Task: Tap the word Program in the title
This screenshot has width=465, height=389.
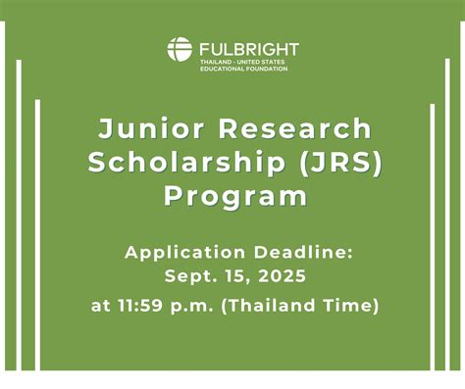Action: [x=234, y=196]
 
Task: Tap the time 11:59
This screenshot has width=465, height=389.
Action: [x=144, y=306]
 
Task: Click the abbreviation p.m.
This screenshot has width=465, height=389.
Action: [x=196, y=307]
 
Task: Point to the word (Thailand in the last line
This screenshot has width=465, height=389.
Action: [x=276, y=306]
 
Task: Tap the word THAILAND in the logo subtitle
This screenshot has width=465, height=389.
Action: [x=214, y=61]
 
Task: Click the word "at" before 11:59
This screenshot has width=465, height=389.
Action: [x=101, y=306]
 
